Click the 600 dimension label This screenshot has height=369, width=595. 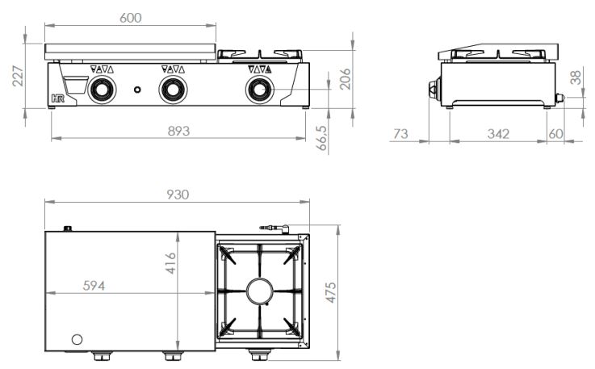131,18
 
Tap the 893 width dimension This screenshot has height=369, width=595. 178,131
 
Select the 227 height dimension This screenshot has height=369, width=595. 18,76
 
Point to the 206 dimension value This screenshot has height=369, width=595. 345,79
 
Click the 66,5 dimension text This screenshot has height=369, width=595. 321,139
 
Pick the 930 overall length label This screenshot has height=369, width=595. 178,195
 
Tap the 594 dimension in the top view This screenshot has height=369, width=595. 94,286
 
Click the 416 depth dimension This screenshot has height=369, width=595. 170,263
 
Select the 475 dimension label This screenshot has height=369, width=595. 331,292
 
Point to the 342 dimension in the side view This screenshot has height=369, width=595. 498,133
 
